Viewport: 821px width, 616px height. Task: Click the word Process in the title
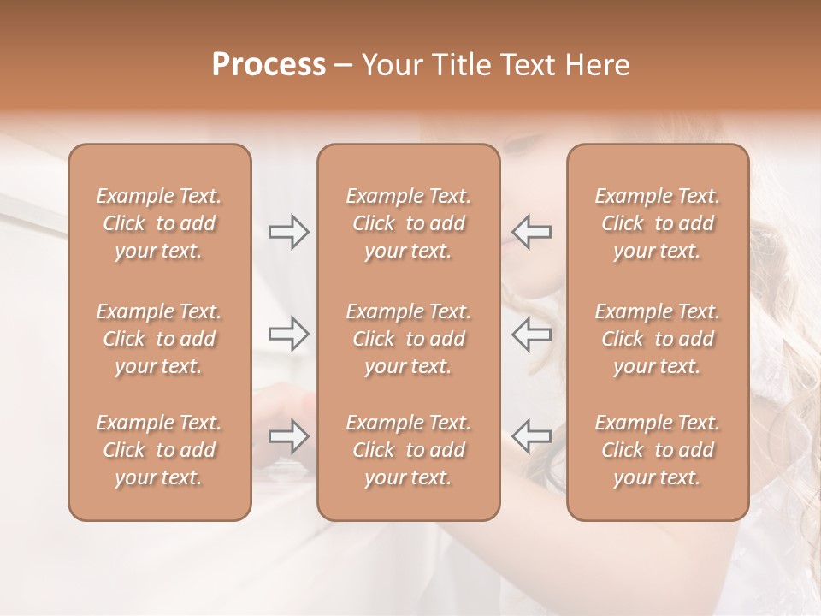269,65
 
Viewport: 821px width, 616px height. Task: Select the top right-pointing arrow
289,231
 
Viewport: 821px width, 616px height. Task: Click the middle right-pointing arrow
289,334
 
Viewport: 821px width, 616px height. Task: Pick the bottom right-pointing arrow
289,436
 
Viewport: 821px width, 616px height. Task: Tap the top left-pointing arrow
532,231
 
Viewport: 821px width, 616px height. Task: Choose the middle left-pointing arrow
532,334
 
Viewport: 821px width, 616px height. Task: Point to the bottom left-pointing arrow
532,436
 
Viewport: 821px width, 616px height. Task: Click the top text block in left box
159,223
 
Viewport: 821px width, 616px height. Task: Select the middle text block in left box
159,339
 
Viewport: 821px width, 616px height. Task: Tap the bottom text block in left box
159,450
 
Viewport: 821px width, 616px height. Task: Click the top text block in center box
409,223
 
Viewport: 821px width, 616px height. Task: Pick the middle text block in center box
409,339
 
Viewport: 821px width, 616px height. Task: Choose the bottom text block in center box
409,450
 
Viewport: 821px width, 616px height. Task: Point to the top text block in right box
658,223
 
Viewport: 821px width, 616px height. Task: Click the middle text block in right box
658,339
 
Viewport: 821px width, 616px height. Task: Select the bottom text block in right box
658,450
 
